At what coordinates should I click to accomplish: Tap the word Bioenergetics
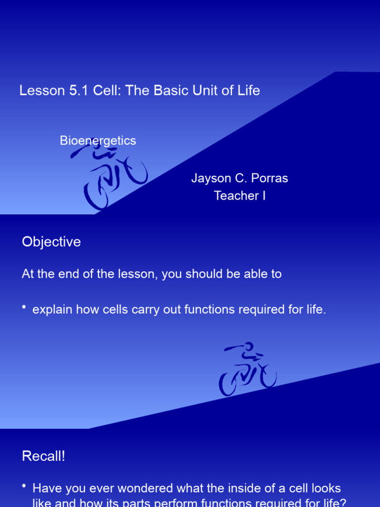97,141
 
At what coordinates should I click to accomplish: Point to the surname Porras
270,178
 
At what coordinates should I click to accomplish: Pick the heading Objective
51,242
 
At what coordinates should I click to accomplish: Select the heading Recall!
44,456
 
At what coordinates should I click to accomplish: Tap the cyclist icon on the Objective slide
247,369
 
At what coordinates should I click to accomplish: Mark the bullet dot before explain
24,308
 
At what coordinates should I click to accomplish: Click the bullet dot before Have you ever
24,486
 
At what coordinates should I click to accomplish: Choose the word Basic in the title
166,91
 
